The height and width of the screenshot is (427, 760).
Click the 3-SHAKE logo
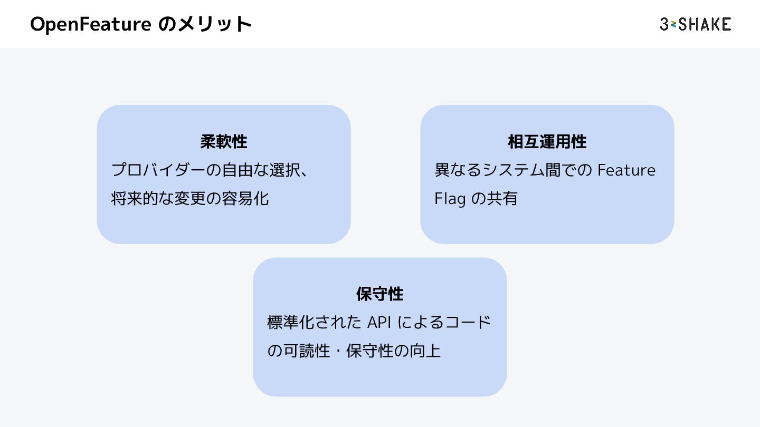[x=695, y=24]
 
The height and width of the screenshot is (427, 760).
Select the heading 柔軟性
[x=224, y=141]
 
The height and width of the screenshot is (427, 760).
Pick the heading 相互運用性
[x=547, y=141]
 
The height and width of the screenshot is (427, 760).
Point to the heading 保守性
[x=380, y=294]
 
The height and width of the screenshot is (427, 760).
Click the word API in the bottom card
[x=378, y=322]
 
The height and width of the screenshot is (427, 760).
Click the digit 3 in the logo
[x=664, y=24]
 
